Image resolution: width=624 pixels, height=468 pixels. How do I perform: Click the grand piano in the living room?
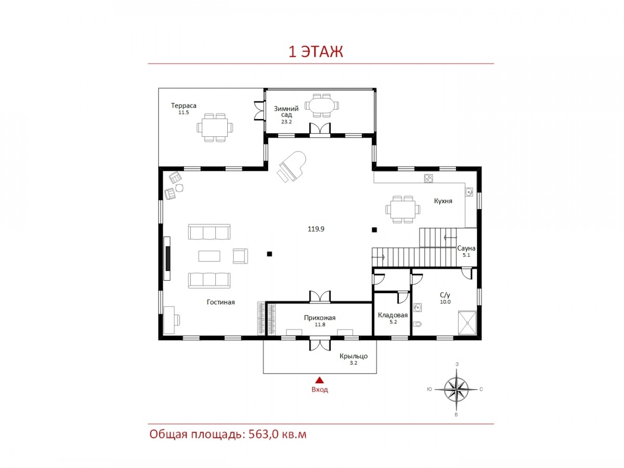point(291,166)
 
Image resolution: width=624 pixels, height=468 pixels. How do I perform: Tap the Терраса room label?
point(184,106)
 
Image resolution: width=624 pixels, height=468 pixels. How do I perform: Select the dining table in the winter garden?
point(321,106)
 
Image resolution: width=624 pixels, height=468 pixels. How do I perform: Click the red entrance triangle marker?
point(320,380)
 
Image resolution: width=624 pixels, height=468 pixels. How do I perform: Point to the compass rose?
point(456,389)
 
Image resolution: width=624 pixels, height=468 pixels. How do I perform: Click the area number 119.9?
point(316,229)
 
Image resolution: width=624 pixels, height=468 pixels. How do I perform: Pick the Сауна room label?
point(466,249)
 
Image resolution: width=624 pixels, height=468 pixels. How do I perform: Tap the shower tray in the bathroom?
point(467,323)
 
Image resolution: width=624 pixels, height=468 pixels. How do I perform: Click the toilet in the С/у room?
point(417,323)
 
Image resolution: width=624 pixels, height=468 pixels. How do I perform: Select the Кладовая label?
point(393,315)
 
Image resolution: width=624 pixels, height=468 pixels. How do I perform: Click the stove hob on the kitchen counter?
point(428,178)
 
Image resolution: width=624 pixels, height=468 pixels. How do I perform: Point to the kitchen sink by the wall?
point(469,192)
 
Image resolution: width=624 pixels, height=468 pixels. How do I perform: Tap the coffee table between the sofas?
point(209,256)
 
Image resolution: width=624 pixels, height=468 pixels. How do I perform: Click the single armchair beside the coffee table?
point(240,256)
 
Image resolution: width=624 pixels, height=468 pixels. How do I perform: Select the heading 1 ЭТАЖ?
point(316,52)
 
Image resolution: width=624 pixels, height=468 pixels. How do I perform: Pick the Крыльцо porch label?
point(354,356)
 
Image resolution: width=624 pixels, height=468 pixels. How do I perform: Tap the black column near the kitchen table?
point(374,230)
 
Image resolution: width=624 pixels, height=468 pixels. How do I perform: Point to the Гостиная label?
point(220,302)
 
